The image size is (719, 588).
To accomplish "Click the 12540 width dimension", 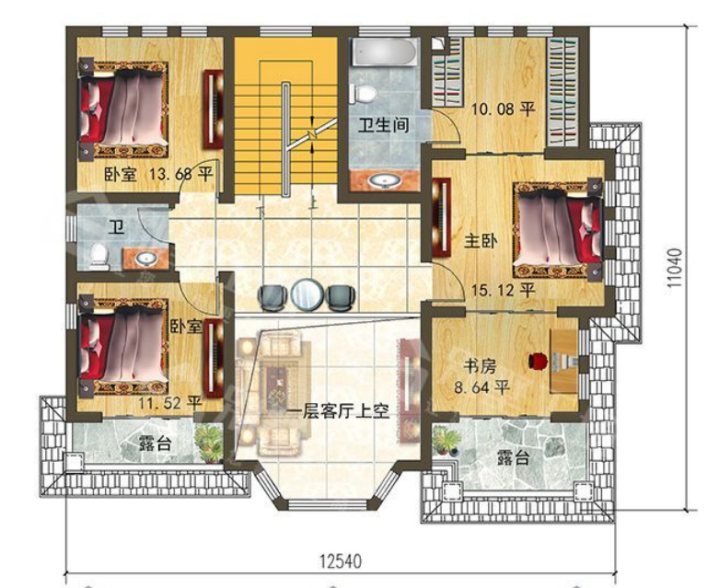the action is pyautogui.click(x=341, y=561).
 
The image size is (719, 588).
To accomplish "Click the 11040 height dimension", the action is pyautogui.click(x=675, y=268).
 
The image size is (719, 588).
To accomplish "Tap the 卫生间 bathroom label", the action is pyautogui.click(x=383, y=124).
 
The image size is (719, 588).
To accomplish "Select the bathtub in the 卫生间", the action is pyautogui.click(x=384, y=52).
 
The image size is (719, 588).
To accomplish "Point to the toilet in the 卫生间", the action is pyautogui.click(x=363, y=94).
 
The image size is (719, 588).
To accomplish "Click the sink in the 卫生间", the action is pyautogui.click(x=384, y=181).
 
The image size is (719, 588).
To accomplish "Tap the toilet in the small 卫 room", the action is pyautogui.click(x=99, y=257).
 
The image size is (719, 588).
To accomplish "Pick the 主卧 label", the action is pyautogui.click(x=481, y=241).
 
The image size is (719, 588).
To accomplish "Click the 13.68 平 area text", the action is pyautogui.click(x=180, y=174).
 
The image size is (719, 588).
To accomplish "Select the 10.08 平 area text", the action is pyautogui.click(x=504, y=110).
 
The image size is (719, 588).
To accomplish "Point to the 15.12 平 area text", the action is pyautogui.click(x=504, y=290).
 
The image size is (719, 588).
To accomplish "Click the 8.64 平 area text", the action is pyautogui.click(x=482, y=387).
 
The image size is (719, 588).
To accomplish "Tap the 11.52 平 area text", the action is pyautogui.click(x=170, y=403).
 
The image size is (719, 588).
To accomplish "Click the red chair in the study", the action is pyautogui.click(x=537, y=360).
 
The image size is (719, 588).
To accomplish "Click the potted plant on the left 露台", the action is pyautogui.click(x=208, y=443).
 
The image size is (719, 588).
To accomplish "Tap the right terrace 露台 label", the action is pyautogui.click(x=514, y=457).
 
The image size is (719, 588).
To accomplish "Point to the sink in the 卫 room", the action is pyautogui.click(x=146, y=259).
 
